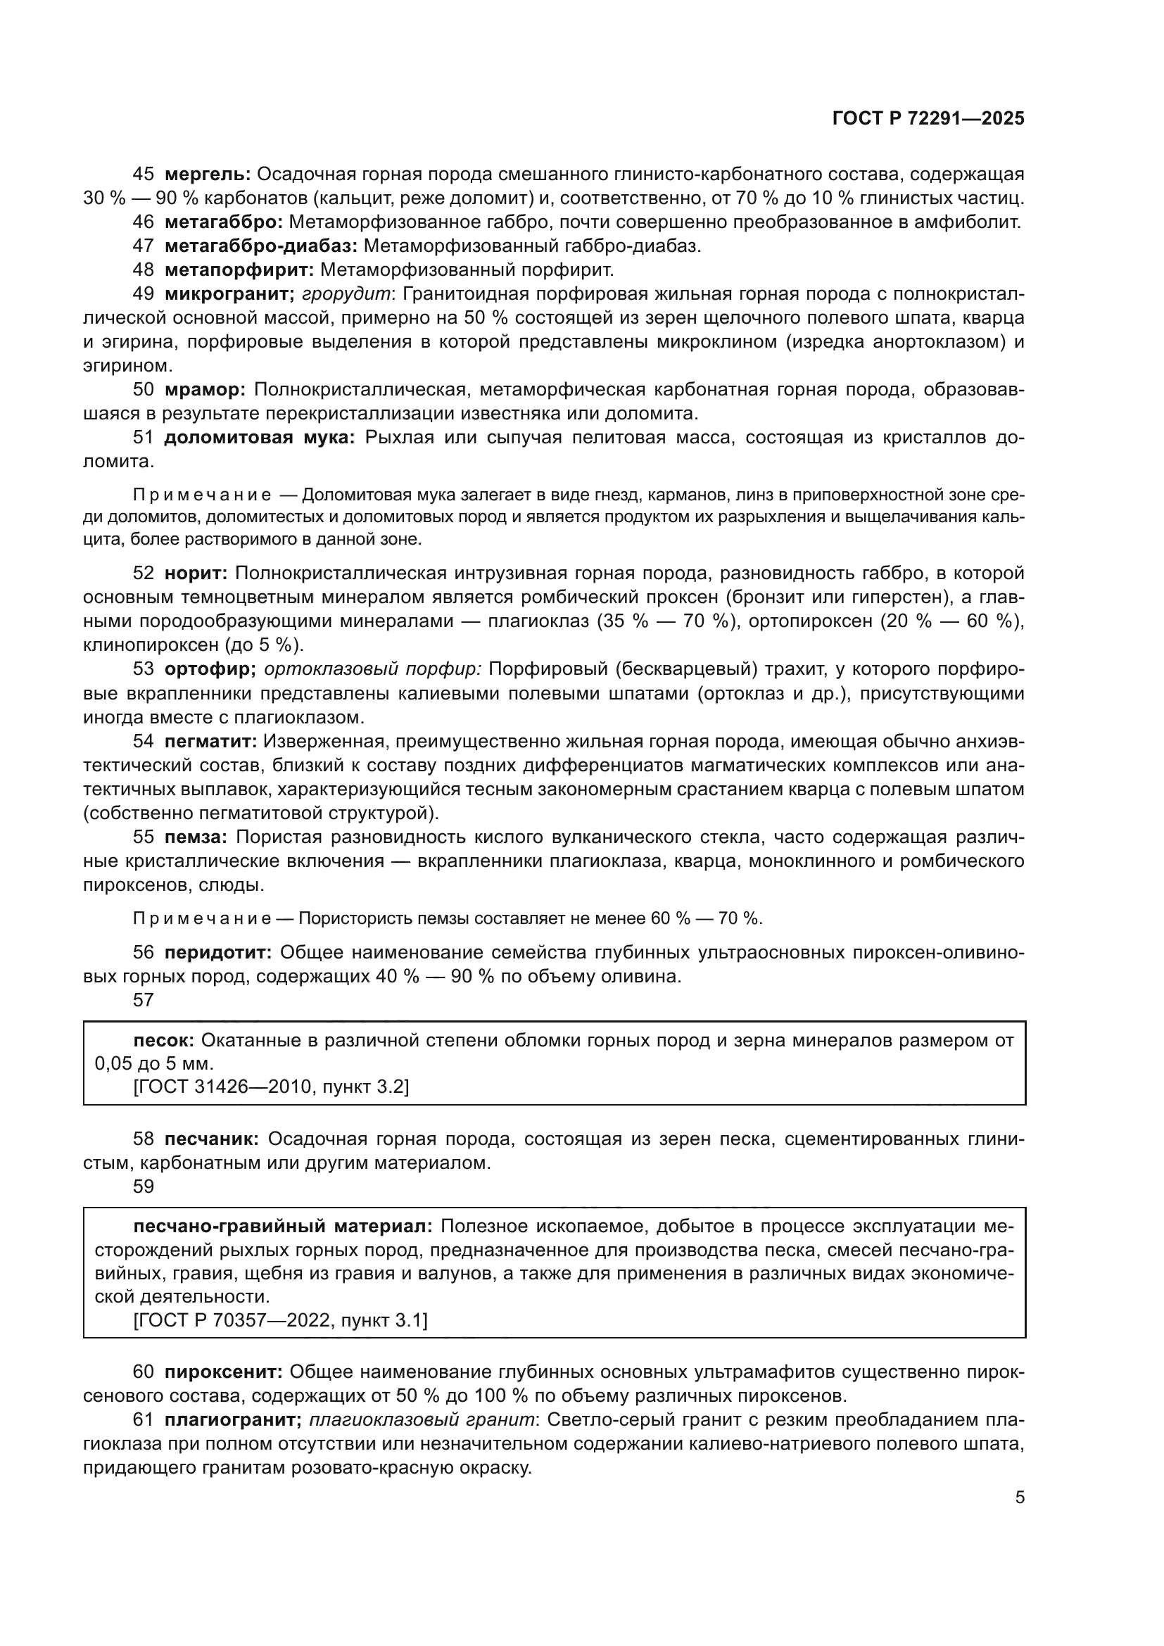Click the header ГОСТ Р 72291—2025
pos(928,119)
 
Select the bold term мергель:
pos(207,175)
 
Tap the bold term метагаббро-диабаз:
pos(261,246)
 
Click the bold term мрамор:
pos(205,390)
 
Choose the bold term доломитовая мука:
pos(260,437)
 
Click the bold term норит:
pos(196,573)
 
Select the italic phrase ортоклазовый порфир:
pos(373,669)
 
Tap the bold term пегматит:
pos(210,741)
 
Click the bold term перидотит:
pos(218,953)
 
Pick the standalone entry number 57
pos(144,1000)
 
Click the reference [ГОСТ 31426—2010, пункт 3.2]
pos(271,1087)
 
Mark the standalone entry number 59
pos(144,1186)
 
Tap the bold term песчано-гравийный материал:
pos(283,1227)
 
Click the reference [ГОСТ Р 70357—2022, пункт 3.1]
pos(280,1320)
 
